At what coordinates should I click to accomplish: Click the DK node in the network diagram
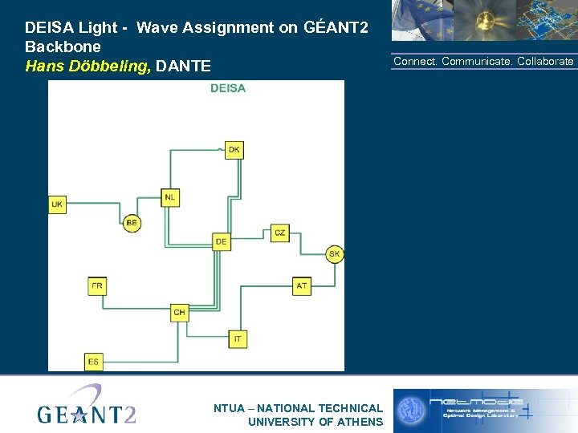tap(234, 150)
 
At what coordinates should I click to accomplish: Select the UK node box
tap(57, 204)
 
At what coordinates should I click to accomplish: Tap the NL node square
tap(170, 197)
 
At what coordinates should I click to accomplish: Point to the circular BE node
tap(132, 223)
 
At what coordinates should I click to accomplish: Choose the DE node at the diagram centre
tap(222, 241)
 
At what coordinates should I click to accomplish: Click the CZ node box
tap(279, 233)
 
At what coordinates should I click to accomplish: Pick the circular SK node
tap(335, 254)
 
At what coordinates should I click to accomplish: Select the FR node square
tap(97, 285)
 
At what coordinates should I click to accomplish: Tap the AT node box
tap(301, 285)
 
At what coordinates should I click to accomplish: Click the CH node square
tap(179, 313)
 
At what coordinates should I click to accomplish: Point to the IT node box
tap(238, 339)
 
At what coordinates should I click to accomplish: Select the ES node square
tap(94, 362)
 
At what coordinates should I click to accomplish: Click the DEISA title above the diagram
tap(228, 88)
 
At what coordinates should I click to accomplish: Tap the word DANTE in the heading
tap(184, 66)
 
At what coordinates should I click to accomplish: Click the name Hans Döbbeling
tap(88, 66)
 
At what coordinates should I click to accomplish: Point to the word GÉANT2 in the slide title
tap(336, 27)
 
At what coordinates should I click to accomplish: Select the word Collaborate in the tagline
tap(545, 62)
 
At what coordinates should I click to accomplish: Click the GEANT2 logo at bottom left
tap(87, 407)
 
